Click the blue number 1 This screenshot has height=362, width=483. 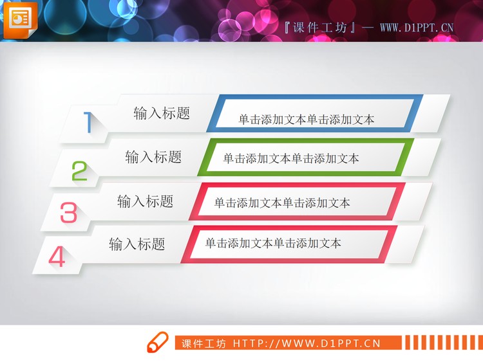coord(88,122)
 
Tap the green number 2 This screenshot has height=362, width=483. coord(79,171)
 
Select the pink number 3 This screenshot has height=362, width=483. coord(68,213)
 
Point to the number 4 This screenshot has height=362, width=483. coord(57,257)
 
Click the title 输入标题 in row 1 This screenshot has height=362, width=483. coord(162,114)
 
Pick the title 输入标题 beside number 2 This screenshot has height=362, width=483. coord(153,157)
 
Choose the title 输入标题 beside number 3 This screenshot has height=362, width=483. coord(145,201)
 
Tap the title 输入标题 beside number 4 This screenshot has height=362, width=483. coord(137,244)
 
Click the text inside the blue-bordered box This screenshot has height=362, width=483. coord(306,120)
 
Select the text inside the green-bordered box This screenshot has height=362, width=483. coord(291,159)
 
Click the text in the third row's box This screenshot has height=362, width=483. coord(282,204)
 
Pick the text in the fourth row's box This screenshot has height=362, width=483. coord(273,244)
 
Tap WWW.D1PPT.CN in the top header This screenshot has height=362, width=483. coord(417,28)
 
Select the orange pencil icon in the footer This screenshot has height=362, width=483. coord(156,342)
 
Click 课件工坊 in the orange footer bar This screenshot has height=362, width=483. coord(204,344)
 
